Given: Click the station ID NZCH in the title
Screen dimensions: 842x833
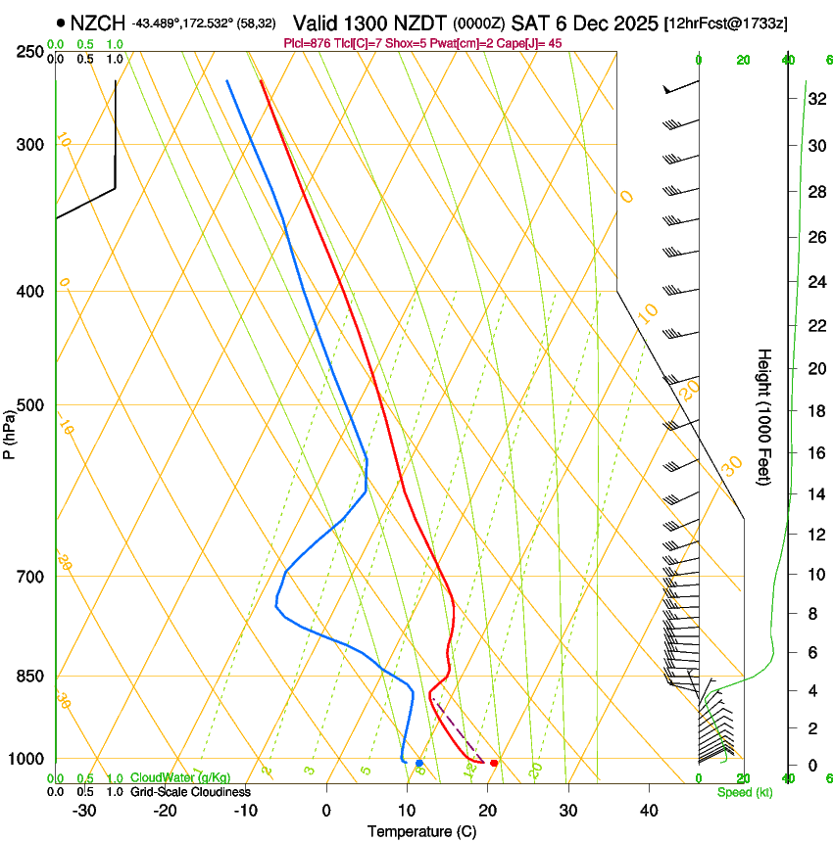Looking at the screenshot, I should (x=98, y=23).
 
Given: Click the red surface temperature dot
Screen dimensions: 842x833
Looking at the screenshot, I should (x=494, y=763).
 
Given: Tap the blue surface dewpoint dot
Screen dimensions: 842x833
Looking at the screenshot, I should (x=419, y=763).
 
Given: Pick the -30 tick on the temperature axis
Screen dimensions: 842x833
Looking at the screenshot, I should (x=84, y=811).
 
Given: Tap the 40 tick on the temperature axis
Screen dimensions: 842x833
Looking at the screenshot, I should (x=649, y=811).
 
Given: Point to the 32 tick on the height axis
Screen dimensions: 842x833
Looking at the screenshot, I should (x=815, y=99).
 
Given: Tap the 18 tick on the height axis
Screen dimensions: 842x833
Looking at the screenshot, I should (x=815, y=411).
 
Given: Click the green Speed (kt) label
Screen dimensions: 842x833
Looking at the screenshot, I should (x=744, y=792).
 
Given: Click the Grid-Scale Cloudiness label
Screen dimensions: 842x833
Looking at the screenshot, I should (x=189, y=792).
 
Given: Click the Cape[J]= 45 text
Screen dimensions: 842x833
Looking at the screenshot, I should (x=530, y=43).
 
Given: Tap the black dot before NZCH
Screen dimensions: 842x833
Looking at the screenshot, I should (x=61, y=23).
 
